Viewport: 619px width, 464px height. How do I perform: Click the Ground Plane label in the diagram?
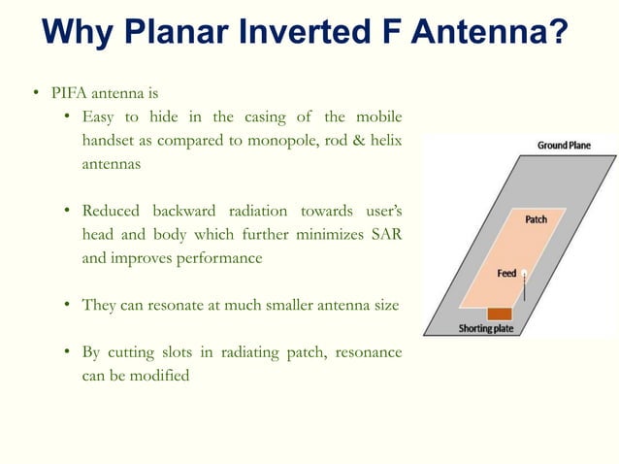tap(564, 146)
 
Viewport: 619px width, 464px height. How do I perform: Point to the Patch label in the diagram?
tap(536, 219)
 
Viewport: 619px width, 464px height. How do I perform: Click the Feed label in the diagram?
tap(506, 273)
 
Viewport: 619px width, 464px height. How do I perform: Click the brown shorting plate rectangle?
tap(500, 314)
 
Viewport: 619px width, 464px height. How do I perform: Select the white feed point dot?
tap(524, 273)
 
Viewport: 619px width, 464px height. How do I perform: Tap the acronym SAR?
tap(386, 235)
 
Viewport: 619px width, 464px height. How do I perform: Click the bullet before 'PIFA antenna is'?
tap(31, 95)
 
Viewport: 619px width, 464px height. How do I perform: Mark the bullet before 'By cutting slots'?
tap(69, 352)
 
